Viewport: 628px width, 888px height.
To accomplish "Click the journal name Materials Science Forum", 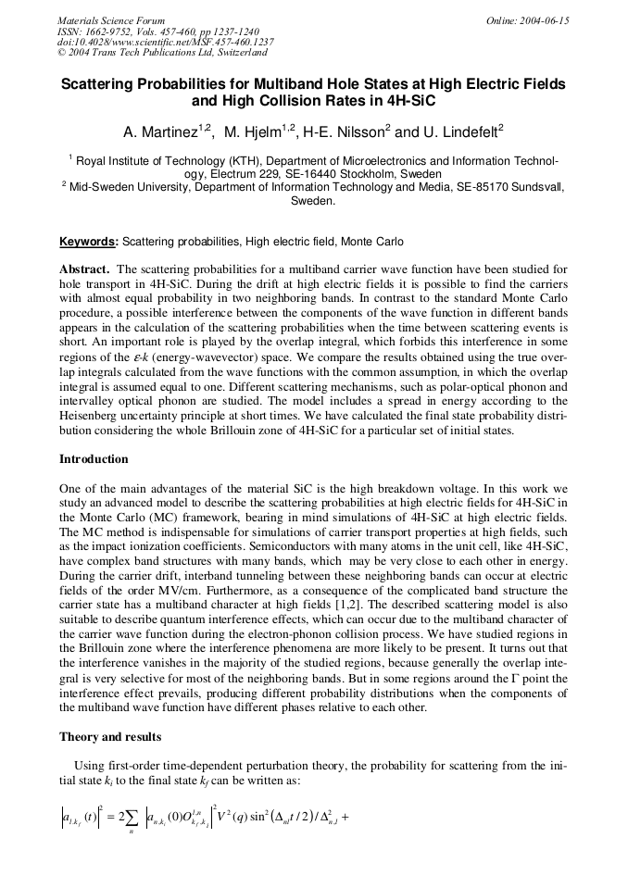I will click(x=111, y=20).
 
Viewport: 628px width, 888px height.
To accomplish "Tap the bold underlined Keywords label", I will click(x=89, y=243).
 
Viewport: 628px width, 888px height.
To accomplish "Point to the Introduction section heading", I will click(x=94, y=459).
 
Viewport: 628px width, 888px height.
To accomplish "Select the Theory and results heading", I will click(x=111, y=737).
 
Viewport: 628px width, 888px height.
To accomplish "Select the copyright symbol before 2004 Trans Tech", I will click(x=61, y=53).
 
